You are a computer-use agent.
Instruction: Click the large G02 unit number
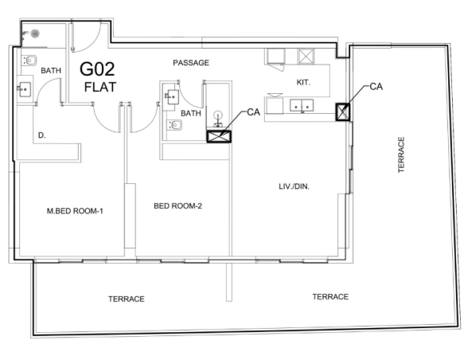tap(97, 69)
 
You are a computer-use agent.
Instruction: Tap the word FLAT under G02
tap(100, 87)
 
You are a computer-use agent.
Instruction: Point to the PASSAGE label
tap(191, 63)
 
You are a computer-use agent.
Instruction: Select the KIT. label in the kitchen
tap(303, 83)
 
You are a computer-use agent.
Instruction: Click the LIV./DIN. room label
tap(294, 186)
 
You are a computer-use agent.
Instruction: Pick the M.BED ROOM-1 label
tap(75, 211)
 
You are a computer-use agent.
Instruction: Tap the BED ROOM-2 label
tap(178, 205)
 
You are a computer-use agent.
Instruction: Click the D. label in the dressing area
tap(41, 135)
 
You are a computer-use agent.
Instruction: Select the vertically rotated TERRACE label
tap(401, 155)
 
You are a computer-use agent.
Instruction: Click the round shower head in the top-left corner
tap(35, 33)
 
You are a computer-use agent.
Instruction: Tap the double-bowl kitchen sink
tap(302, 105)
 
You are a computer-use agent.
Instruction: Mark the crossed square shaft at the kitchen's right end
tap(342, 112)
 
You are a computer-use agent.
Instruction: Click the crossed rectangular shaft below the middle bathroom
tap(219, 136)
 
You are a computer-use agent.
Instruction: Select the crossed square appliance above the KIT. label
tap(306, 57)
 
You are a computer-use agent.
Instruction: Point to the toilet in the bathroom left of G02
tap(29, 61)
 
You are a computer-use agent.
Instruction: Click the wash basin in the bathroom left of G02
tap(25, 89)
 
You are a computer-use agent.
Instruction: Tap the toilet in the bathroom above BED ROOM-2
tap(174, 125)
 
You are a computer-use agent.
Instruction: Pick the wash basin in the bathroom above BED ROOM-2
tap(173, 96)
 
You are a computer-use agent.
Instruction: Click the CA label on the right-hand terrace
tap(376, 87)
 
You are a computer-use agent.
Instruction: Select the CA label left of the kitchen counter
tap(254, 112)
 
